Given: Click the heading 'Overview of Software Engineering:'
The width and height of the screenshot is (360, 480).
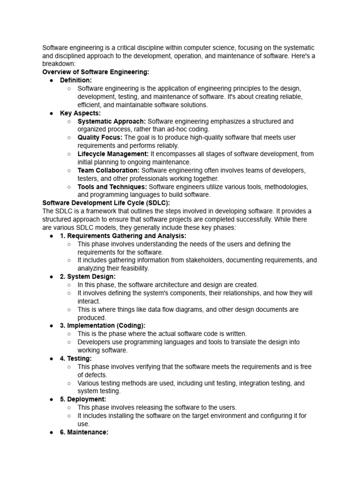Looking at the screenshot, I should click(x=96, y=72).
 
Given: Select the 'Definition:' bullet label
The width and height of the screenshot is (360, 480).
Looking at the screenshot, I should click(x=76, y=81).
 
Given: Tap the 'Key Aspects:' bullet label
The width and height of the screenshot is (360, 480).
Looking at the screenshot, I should click(x=80, y=113).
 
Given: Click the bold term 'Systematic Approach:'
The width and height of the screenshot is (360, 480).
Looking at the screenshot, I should click(x=112, y=121).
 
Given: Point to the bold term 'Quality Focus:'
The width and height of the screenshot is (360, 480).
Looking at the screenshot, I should click(x=100, y=137).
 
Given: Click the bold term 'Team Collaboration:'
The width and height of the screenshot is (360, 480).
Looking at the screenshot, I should click(x=108, y=170).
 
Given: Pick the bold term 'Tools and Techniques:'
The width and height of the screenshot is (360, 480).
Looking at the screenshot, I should click(x=112, y=187).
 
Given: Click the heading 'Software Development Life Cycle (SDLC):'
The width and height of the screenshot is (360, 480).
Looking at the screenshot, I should click(x=106, y=203).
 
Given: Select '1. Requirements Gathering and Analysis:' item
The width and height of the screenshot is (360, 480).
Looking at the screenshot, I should click(x=123, y=236).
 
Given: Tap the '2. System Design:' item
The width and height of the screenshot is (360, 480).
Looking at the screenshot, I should click(x=88, y=277).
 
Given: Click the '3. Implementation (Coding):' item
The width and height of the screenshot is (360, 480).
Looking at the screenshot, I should click(x=103, y=325).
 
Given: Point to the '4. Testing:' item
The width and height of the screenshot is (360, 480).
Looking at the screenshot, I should click(x=76, y=358).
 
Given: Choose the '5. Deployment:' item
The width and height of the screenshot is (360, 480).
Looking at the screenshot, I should click(x=83, y=399).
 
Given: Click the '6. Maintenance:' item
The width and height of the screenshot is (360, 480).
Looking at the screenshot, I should click(x=84, y=432).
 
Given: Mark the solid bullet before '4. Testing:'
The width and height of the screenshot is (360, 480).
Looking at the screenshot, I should click(x=51, y=359).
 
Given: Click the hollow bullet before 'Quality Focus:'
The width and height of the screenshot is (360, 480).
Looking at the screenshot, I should click(x=69, y=138).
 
